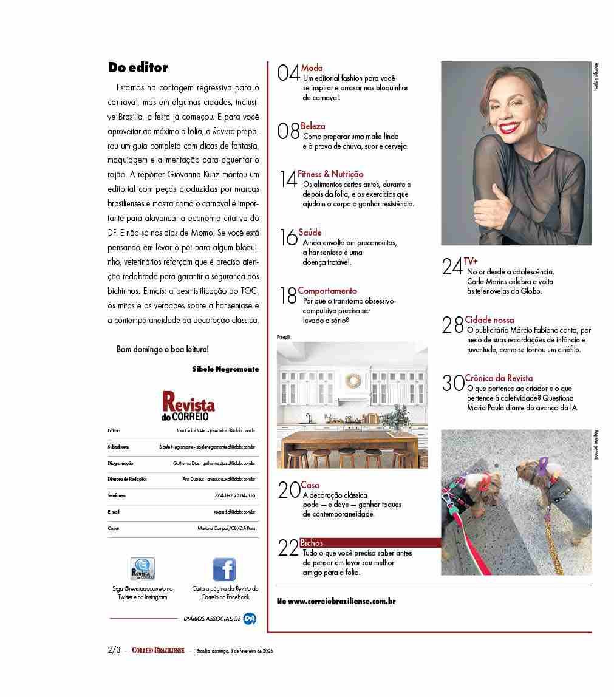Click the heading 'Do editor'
click(138, 67)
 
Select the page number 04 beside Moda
click(288, 74)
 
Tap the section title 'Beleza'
click(313, 126)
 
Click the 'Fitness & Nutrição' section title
click(330, 174)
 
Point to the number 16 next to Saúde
click(288, 238)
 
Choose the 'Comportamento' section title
click(327, 291)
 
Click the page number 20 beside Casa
click(288, 491)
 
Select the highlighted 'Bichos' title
click(312, 543)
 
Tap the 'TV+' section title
click(471, 262)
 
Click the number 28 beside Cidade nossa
click(453, 326)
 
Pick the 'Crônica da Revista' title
click(499, 378)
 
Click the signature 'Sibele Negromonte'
click(225, 369)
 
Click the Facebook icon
click(224, 569)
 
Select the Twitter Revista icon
click(143, 569)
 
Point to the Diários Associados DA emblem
click(249, 619)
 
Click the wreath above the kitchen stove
click(352, 381)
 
